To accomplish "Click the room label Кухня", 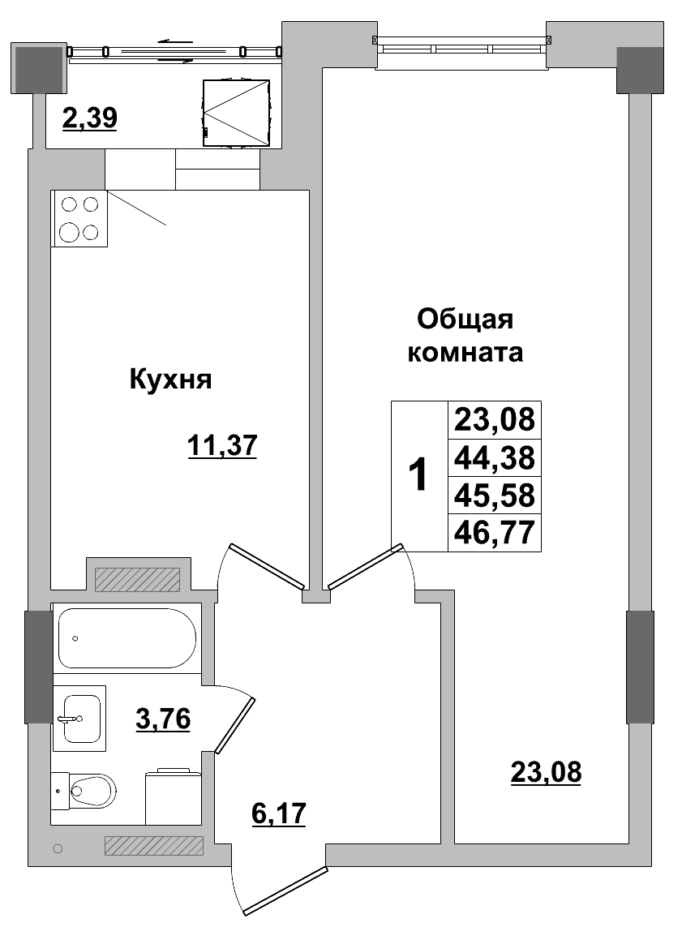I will tap(170, 380).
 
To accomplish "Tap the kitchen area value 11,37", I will tap(221, 445).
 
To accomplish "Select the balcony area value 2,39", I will tap(90, 118).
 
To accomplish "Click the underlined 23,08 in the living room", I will tap(546, 772).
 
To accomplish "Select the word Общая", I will tap(465, 319).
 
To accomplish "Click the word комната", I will tap(465, 354).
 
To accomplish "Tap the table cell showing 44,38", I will tap(494, 458).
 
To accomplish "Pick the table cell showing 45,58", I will tap(494, 496).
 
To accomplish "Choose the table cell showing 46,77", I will tap(494, 533).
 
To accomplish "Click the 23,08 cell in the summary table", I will tap(494, 420).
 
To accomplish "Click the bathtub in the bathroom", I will tap(127, 637).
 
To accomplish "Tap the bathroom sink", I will tap(79, 718).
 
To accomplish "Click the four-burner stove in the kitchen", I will tap(79, 218).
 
